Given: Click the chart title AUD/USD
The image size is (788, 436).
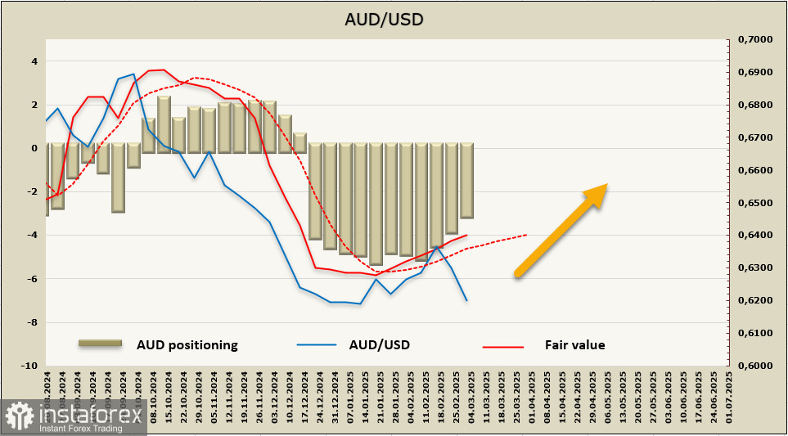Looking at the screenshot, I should tap(394, 18).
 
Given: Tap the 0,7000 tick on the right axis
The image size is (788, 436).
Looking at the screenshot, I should tap(755, 39).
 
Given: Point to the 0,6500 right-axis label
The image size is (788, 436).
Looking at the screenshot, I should tap(755, 203).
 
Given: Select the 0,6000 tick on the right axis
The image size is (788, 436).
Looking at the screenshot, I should tap(755, 366).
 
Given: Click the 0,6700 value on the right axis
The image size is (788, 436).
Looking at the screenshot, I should tap(755, 137).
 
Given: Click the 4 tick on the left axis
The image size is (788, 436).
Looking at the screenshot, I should tap(34, 61).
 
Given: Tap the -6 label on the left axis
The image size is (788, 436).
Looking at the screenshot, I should tap(31, 279).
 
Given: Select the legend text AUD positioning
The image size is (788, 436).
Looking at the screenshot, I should tap(187, 345).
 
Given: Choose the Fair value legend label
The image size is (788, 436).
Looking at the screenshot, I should tap(574, 345).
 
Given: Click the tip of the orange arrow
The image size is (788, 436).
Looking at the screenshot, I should tap(606, 185).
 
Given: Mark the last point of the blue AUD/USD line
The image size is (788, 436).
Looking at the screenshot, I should tap(466, 300).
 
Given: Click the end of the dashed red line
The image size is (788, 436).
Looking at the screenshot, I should tap(526, 235).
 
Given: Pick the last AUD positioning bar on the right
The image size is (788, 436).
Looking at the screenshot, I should tap(466, 181).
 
